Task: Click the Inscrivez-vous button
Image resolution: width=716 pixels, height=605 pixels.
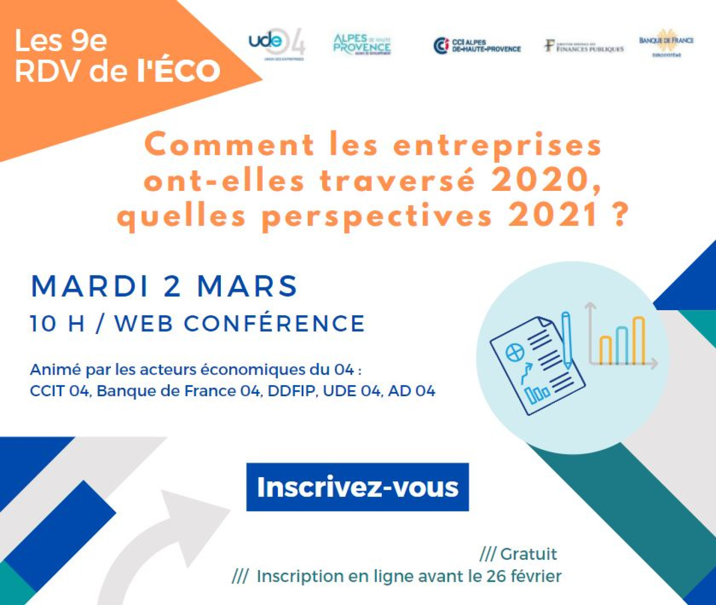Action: pyautogui.click(x=358, y=487)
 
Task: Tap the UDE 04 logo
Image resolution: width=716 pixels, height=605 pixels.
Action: pyautogui.click(x=276, y=44)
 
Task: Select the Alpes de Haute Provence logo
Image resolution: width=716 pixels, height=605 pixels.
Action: pyautogui.click(x=362, y=44)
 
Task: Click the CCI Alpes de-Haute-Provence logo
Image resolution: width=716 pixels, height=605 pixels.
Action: pyautogui.click(x=477, y=46)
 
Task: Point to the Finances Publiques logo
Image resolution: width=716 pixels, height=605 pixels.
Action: pyautogui.click(x=584, y=47)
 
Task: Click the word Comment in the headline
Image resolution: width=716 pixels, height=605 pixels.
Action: pyautogui.click(x=229, y=145)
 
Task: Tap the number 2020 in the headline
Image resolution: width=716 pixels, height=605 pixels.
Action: pyautogui.click(x=546, y=180)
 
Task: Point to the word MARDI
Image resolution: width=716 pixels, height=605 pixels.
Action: pyautogui.click(x=90, y=286)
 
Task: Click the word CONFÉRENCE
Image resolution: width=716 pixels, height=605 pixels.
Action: pyautogui.click(x=274, y=324)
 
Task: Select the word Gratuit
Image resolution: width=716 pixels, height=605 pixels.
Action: pyautogui.click(x=528, y=554)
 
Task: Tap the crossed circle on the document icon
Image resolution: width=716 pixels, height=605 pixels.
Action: pyautogui.click(x=515, y=352)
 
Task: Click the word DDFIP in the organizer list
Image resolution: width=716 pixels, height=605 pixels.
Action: pyautogui.click(x=291, y=391)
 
